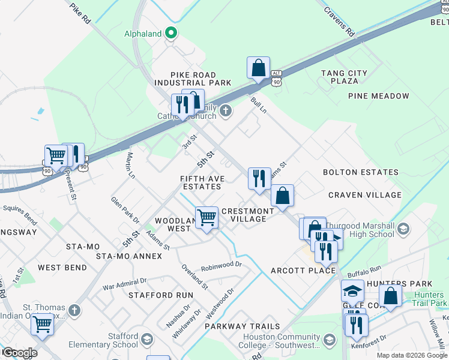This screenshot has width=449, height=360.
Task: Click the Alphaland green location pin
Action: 171,34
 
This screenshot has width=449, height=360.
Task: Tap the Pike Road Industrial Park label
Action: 193,78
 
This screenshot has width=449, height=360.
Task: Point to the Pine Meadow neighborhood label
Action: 378,96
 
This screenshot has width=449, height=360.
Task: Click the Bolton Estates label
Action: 360,172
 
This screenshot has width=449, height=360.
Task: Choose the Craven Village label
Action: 365,195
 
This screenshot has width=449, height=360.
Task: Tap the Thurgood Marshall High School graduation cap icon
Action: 403,229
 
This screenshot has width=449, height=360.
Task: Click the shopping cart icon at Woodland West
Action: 207,217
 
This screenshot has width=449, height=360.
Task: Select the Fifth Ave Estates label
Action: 202,182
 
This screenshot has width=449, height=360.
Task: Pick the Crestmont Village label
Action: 248,215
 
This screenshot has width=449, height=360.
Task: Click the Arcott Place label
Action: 303,271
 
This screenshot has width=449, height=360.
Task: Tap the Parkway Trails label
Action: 242,326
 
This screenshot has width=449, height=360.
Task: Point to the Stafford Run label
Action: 161,295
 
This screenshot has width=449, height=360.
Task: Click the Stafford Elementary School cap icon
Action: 146,341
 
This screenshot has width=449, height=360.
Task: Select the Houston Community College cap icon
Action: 329,341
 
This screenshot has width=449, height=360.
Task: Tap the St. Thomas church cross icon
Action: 74,311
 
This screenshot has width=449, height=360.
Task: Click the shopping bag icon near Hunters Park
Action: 390,296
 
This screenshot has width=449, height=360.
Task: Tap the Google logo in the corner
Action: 19,353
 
